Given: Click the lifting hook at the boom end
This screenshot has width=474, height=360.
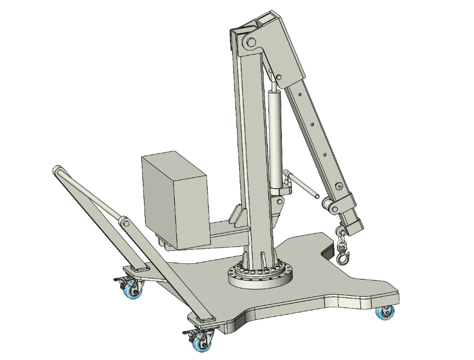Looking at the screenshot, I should coord(343,257).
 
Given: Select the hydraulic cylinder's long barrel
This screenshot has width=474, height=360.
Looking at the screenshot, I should coord(275,135).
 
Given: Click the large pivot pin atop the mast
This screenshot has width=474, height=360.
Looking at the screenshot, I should coord(249,43).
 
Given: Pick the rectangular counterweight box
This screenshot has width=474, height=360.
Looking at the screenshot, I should coord(175,200).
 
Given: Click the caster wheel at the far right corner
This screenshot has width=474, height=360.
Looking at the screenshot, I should coord(385,312).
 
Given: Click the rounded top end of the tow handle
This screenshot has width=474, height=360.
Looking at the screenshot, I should coord(56,171).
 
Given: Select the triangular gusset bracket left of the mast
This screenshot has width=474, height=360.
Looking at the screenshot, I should coord(238,216).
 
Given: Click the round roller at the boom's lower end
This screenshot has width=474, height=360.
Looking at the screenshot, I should coord(327,204).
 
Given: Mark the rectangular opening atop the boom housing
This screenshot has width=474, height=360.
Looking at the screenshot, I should coord(267,20).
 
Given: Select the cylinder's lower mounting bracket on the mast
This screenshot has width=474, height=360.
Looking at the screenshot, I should coord(279,203).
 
